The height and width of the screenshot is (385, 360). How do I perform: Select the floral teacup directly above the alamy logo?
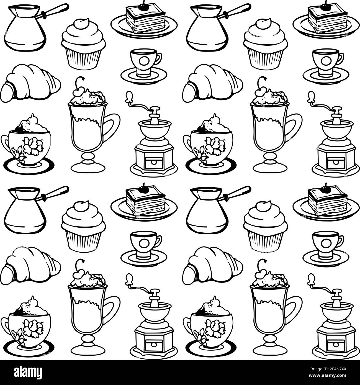tap(28, 327)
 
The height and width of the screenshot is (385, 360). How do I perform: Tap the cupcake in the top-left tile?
tap(83, 44)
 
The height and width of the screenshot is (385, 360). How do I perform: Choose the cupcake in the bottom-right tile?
tap(265, 227)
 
